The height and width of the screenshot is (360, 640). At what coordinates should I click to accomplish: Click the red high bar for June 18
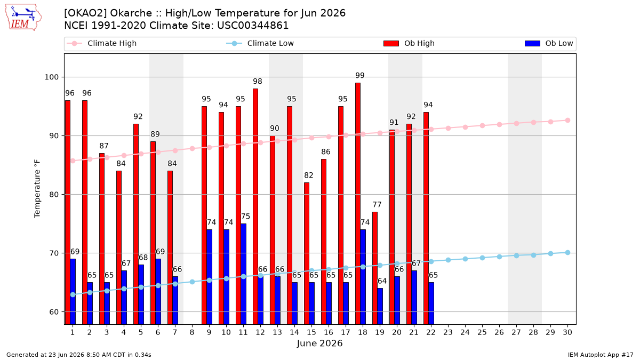click(358, 203)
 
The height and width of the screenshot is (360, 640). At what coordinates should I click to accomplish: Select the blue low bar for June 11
click(243, 274)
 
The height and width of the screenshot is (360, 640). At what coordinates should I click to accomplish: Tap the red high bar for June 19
click(375, 268)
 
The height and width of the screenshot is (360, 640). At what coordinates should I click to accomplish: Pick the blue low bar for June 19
click(380, 306)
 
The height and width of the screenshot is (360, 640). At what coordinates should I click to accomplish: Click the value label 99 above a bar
click(360, 75)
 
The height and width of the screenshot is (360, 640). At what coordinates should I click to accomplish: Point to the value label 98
click(258, 82)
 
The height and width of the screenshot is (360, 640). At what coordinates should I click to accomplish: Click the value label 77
click(377, 205)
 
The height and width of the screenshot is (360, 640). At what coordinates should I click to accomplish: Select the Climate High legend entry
click(101, 43)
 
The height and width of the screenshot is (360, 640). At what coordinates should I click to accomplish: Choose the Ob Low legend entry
click(549, 43)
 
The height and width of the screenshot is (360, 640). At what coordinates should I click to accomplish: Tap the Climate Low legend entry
click(260, 43)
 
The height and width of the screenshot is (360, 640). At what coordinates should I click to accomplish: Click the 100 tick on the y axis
click(51, 77)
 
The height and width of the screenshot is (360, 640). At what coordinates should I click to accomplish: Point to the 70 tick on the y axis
click(54, 253)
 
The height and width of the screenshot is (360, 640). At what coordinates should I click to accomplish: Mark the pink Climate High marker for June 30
click(567, 121)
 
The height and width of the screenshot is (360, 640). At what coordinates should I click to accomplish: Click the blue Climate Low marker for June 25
click(482, 258)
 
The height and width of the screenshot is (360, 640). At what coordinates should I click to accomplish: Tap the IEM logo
click(23, 17)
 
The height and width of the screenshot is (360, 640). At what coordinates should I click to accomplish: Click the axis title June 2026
click(319, 343)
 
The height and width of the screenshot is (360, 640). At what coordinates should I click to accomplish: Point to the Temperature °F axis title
click(37, 189)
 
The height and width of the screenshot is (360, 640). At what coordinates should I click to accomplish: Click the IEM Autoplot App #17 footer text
click(601, 355)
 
